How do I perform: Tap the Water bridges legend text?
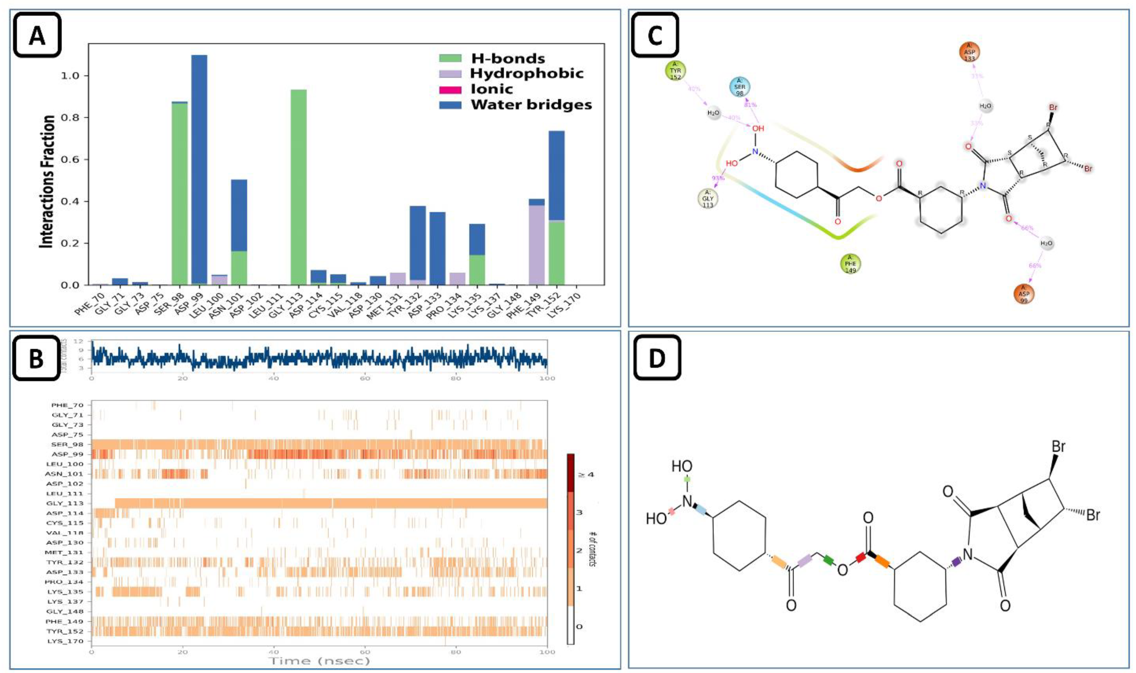[x=531, y=105]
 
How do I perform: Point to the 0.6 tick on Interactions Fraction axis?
[x=71, y=160]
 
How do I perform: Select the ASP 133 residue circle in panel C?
[x=969, y=52]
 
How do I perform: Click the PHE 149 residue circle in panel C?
[x=850, y=264]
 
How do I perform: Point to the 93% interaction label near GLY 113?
[x=718, y=178]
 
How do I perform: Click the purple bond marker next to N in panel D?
[x=956, y=562]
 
